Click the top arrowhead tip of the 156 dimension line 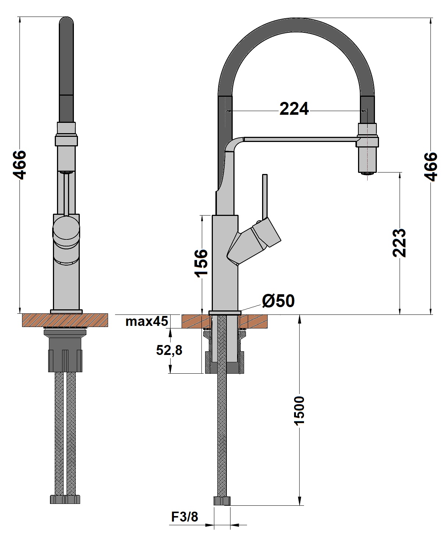click(x=202, y=215)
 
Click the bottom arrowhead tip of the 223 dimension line click(x=400, y=314)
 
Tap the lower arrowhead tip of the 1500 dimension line click(x=299, y=505)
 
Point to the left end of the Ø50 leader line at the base click(x=241, y=311)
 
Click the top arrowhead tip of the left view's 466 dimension click(x=20, y=17)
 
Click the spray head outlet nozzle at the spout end click(x=367, y=173)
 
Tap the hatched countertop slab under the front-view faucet click(x=65, y=320)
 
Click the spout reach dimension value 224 click(x=294, y=109)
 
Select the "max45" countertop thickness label click(x=147, y=321)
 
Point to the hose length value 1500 click(x=299, y=410)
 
